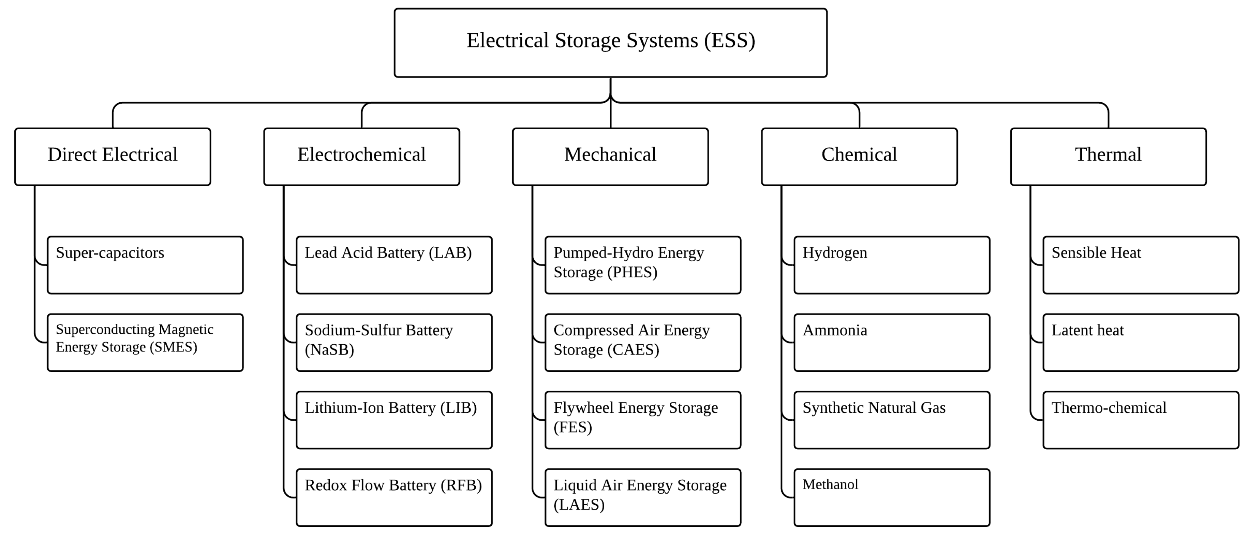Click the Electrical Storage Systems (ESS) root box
click(610, 43)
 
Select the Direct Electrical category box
click(113, 156)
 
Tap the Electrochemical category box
click(361, 156)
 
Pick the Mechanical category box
click(610, 156)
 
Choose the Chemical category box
click(859, 156)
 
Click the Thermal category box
click(1108, 156)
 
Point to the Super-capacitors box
click(145, 265)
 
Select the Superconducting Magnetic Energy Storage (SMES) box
click(145, 343)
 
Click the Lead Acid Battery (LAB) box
click(394, 265)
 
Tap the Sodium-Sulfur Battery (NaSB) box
click(394, 343)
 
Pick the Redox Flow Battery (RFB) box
click(394, 497)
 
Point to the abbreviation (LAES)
click(579, 505)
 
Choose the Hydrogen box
click(892, 265)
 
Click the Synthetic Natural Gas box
click(892, 420)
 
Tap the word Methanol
click(830, 484)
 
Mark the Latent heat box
click(1140, 343)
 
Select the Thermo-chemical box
click(1140, 420)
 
